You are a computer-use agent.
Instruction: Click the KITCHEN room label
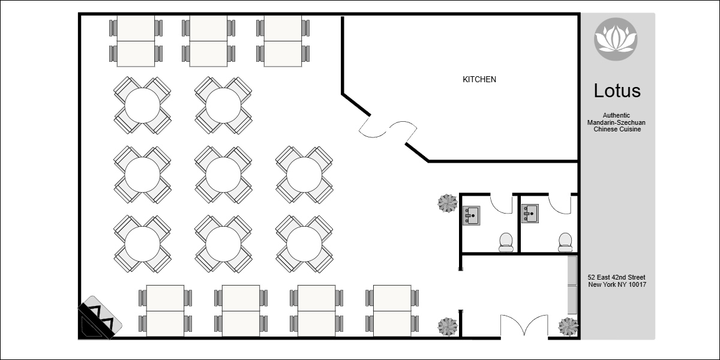point(479,79)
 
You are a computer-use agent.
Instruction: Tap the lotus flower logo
point(616,39)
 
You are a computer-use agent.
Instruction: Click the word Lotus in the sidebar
point(617,91)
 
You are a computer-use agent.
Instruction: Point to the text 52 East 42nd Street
point(617,277)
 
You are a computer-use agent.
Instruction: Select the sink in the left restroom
point(471,215)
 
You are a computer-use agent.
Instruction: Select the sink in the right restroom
point(530,214)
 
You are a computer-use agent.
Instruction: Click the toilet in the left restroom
point(506,242)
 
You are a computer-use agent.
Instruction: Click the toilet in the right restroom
point(565,242)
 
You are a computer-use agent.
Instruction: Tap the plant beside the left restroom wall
point(448,203)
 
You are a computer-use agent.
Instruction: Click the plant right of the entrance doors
point(568,326)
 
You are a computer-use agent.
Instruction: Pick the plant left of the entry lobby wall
point(448,326)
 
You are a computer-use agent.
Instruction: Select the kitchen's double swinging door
point(388,129)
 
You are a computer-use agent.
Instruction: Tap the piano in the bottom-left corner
point(100,317)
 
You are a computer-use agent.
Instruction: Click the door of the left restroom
point(501,203)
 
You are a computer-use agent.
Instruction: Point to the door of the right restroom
point(560,204)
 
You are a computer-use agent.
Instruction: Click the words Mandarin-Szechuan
point(616,122)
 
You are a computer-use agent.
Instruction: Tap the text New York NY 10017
point(617,284)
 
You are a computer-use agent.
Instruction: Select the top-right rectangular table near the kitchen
point(283,41)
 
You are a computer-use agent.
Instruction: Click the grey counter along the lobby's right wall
point(572,285)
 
